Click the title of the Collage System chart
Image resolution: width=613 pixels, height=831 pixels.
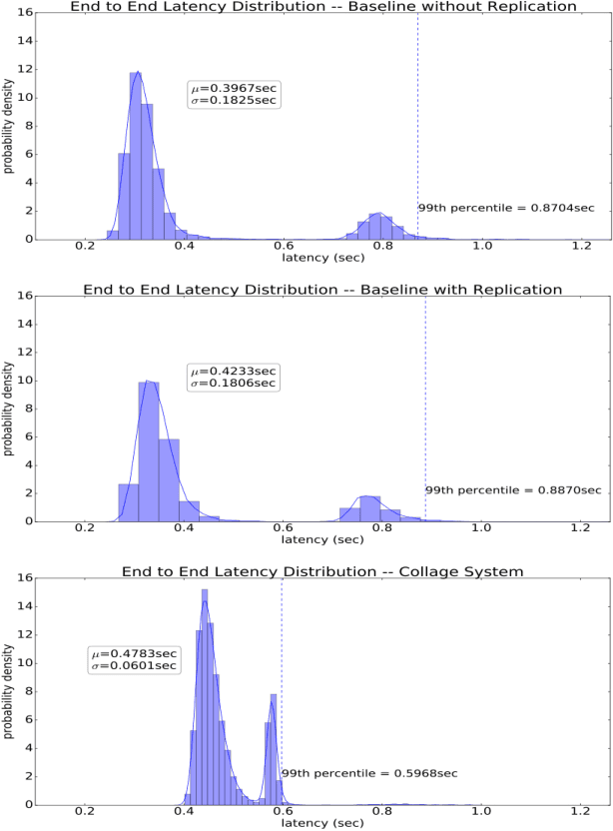click(322, 571)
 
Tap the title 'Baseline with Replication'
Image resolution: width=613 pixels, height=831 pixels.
click(322, 290)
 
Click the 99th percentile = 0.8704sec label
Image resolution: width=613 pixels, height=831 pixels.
click(506, 208)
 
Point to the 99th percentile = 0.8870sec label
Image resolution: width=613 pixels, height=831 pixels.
click(513, 490)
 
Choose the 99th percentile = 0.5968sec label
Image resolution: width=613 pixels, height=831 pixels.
click(369, 773)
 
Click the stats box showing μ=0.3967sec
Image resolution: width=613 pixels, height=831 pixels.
click(234, 95)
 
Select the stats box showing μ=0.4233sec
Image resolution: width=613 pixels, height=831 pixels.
click(234, 378)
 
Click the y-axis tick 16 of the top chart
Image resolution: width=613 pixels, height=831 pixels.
click(23, 13)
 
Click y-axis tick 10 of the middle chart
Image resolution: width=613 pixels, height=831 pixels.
click(23, 381)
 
